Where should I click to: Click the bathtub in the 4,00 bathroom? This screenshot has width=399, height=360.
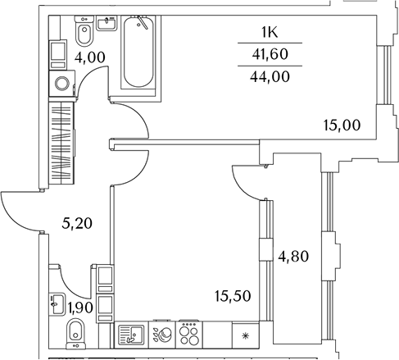pos(138,52)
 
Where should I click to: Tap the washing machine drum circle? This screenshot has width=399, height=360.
pos(62,84)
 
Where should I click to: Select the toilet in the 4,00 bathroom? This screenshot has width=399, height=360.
pos(84,31)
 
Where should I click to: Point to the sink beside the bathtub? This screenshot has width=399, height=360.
pos(107,23)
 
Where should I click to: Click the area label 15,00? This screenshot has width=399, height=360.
pos(342,125)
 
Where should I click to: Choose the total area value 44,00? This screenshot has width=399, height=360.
pos(270,76)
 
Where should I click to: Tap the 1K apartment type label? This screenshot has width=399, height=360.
pos(270,32)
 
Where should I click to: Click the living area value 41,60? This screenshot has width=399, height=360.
pos(270,54)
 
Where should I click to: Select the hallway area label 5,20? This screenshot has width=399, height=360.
pos(77,224)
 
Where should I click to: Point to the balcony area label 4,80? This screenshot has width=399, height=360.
pos(293,257)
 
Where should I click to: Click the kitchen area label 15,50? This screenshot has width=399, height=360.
pos(233,296)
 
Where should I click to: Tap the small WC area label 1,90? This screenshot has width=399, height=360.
pos(80,308)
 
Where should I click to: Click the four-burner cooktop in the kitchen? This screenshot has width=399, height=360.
pos(189,335)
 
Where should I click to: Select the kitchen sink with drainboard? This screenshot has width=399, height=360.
pos(131,335)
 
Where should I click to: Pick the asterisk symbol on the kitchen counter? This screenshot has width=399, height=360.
pos(246,335)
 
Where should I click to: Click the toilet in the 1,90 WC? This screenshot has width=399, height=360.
pos(75,334)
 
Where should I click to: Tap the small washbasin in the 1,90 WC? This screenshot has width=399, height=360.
pos(57,304)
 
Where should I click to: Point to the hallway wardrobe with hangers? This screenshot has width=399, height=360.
pos(61,143)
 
